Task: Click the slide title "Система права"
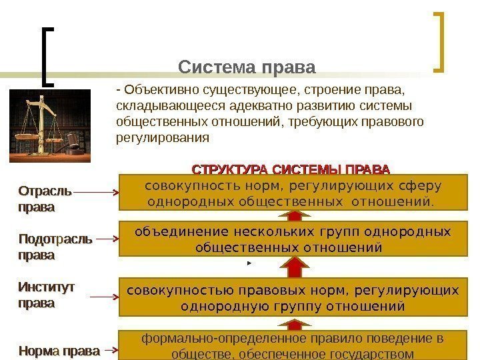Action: pyautogui.click(x=247, y=67)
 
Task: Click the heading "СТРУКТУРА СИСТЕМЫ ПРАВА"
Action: pyautogui.click(x=291, y=168)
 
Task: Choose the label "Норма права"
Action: pyautogui.click(x=59, y=350)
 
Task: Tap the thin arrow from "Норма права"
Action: pyautogui.click(x=111, y=350)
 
